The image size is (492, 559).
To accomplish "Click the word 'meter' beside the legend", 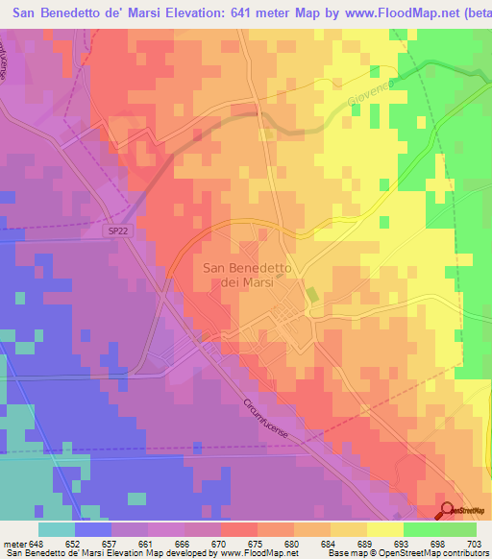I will pos(14,544).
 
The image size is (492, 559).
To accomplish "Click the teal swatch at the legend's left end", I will pos(57,529).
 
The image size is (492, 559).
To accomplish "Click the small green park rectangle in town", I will pos(312,296).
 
